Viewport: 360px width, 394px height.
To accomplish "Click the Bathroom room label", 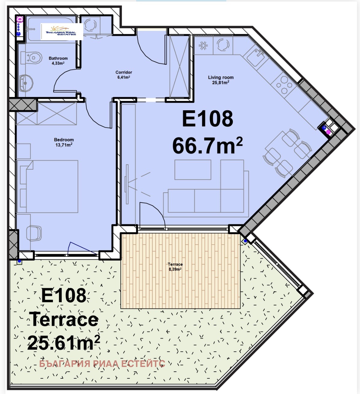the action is [58, 58].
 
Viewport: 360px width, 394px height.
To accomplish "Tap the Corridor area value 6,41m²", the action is [124, 77].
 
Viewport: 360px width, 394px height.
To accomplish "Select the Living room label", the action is [221, 77].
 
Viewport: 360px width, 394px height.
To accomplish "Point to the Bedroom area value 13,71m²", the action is [64, 145].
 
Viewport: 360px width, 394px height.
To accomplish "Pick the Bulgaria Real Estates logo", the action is [62, 32].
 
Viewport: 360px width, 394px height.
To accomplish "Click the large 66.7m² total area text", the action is [207, 146].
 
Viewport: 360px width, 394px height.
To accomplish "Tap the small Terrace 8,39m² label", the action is [175, 267].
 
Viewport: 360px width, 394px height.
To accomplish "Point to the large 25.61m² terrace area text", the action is [63, 343].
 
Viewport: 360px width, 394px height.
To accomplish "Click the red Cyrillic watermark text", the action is [102, 364].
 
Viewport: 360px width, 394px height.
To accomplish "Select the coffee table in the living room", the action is [193, 170].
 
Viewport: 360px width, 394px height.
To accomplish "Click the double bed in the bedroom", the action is [47, 186].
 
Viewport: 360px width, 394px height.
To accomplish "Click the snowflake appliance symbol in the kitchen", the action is [203, 46].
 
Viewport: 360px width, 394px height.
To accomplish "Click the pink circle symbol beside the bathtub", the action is [20, 19].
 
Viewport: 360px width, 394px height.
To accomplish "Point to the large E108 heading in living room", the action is [208, 119].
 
